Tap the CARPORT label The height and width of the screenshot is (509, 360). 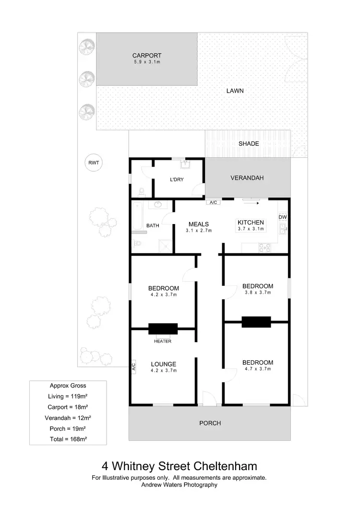pos(147,55)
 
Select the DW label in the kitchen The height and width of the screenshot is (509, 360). pos(283,217)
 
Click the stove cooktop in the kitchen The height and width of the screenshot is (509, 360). pos(264,248)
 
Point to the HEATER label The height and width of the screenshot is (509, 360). pos(163,341)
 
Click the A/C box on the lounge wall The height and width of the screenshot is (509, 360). pos(133,367)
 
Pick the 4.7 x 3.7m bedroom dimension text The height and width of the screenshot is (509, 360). pos(258,369)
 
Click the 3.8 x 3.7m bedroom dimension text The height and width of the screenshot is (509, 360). pos(258,292)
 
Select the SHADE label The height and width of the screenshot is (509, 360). pos(249,143)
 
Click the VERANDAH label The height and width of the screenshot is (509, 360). pos(247,178)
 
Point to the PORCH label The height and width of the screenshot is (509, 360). pos(210,423)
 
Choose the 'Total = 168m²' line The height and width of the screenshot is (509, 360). pos(68,438)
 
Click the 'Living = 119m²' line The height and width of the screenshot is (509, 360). pos(68,396)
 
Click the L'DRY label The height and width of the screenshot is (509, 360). pos(177,180)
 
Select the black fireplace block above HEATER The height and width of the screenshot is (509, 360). pos(163,329)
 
